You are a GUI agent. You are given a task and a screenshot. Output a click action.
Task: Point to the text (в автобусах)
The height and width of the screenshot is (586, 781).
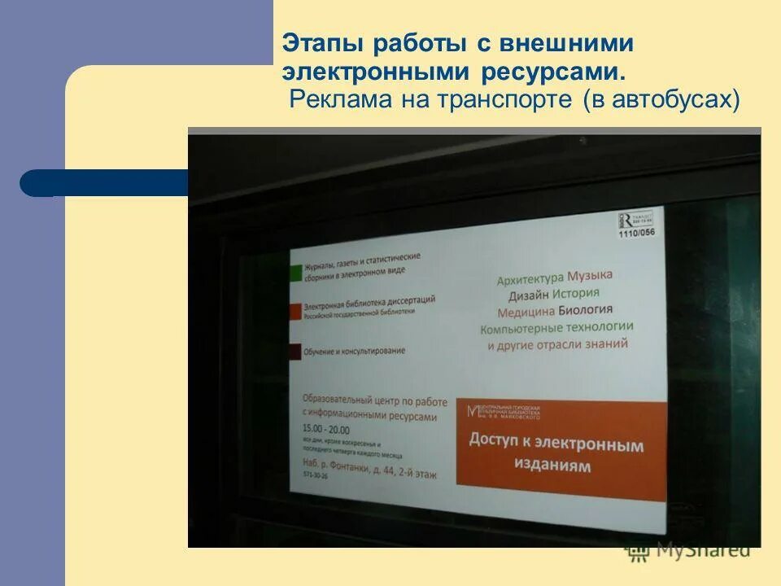pos(661,100)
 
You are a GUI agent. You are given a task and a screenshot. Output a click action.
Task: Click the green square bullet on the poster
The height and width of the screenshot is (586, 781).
pos(295,273)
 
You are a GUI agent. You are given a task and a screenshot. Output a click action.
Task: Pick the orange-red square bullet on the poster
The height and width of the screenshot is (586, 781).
pos(295,312)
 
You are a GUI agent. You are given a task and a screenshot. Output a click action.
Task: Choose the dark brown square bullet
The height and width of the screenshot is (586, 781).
pos(295,352)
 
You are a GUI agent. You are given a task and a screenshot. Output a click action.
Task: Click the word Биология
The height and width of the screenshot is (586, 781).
pos(586,310)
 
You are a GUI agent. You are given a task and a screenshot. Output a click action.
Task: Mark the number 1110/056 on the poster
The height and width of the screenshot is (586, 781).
pos(635,233)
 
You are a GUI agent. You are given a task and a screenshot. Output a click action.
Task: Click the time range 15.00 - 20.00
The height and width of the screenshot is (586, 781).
pos(325,429)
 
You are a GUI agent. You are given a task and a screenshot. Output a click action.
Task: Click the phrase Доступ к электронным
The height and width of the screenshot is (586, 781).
pos(556,444)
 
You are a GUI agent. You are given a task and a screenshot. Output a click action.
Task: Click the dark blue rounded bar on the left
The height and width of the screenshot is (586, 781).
pos(106,183)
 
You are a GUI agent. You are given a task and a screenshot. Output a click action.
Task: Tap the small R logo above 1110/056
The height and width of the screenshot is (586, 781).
pos(625,220)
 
